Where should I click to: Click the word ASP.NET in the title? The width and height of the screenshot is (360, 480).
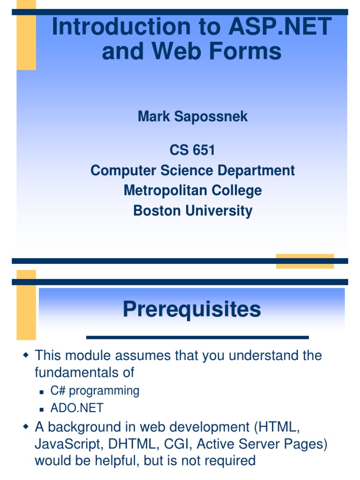pyautogui.click(x=280, y=26)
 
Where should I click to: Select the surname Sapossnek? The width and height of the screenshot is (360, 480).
pyautogui.click(x=211, y=117)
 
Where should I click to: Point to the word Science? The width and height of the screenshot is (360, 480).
pyautogui.click(x=187, y=170)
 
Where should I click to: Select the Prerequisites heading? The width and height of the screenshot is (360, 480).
pyautogui.click(x=192, y=309)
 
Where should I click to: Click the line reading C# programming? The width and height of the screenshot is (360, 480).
pyautogui.click(x=95, y=391)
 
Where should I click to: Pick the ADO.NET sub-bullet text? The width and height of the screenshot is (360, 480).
pyautogui.click(x=77, y=408)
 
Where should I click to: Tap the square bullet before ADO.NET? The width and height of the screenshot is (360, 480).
pyautogui.click(x=42, y=409)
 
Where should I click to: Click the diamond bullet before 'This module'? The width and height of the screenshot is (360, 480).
pyautogui.click(x=26, y=355)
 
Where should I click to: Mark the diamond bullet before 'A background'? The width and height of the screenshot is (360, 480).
pyautogui.click(x=26, y=426)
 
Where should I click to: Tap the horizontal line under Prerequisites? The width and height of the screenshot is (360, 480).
pyautogui.click(x=197, y=337)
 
